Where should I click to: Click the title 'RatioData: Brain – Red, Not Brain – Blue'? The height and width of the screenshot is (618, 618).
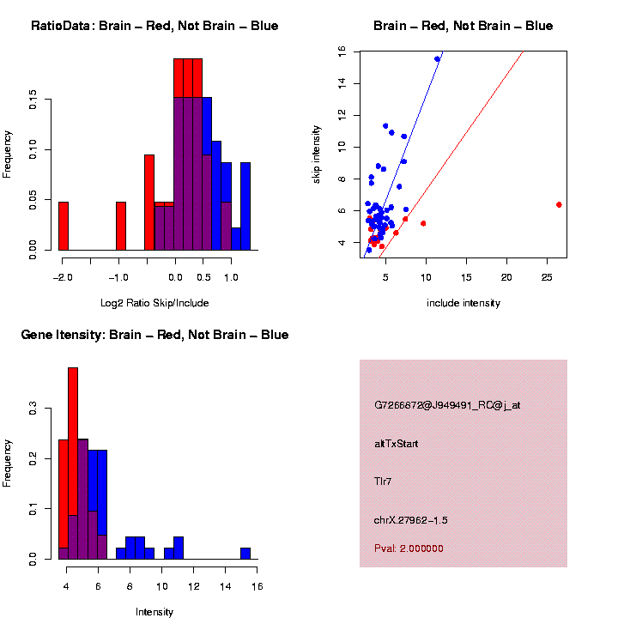(x=154, y=26)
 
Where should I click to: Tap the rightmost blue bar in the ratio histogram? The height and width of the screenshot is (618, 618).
(x=245, y=206)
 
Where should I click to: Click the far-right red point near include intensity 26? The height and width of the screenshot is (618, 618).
(x=559, y=204)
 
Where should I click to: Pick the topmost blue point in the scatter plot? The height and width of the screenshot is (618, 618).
(x=437, y=59)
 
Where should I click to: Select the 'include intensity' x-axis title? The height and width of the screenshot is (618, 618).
(x=463, y=302)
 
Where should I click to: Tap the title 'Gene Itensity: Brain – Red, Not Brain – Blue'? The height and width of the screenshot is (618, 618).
(x=154, y=335)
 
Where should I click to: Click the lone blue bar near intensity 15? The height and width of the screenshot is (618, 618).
(x=245, y=553)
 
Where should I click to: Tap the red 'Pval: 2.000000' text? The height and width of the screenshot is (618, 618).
(x=409, y=548)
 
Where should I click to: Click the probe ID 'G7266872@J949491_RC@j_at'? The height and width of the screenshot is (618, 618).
(x=446, y=405)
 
